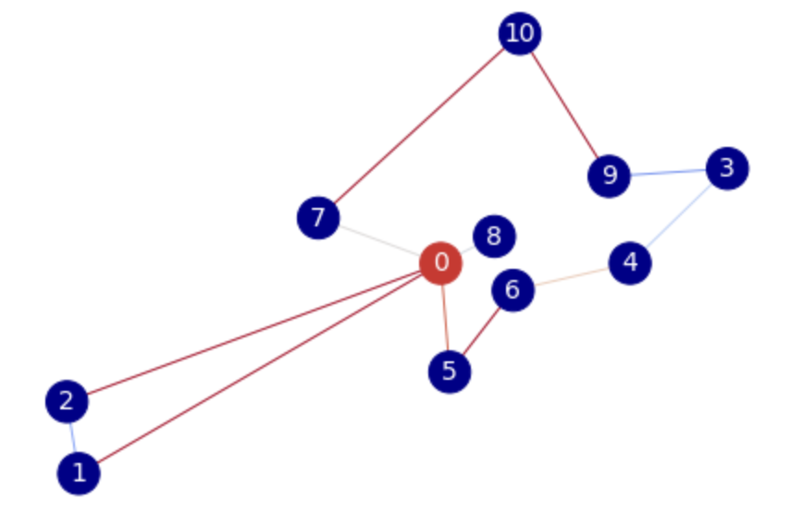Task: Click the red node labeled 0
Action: click(440, 263)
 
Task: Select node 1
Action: click(79, 473)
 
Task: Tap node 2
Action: click(67, 402)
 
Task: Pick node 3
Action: click(726, 169)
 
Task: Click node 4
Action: click(630, 263)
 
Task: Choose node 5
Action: click(450, 371)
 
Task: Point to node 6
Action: click(513, 291)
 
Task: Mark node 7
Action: click(318, 218)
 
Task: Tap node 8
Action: click(494, 237)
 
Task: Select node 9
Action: click(609, 176)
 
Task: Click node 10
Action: click(520, 34)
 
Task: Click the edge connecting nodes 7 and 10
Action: click(419, 126)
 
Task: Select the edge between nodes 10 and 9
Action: click(564, 104)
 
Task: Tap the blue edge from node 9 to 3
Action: click(667, 172)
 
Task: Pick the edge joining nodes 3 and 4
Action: click(678, 216)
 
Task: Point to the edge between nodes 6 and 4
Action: click(571, 277)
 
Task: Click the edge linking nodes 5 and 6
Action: click(481, 331)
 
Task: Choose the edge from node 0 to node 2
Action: click(253, 333)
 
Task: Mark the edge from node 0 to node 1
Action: click(259, 369)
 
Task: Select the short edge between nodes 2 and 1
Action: click(72, 437)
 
